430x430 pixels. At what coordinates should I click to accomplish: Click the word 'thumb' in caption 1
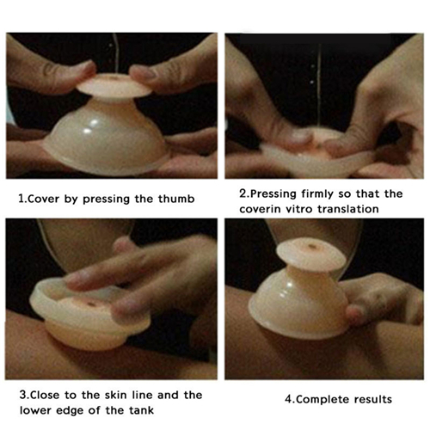(x=176, y=199)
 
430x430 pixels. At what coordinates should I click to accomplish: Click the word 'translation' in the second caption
(x=348, y=209)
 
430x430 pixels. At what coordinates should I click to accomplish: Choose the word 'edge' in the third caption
(x=70, y=411)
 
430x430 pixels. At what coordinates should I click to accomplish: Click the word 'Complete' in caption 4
(x=322, y=400)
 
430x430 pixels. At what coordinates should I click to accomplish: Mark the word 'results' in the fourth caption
(x=372, y=399)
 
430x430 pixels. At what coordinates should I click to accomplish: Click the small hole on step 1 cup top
(x=111, y=77)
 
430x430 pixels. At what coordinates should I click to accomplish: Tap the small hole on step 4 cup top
(x=311, y=246)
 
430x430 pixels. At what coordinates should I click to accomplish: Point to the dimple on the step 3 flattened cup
(x=91, y=304)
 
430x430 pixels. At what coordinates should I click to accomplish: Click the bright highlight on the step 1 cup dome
(x=94, y=123)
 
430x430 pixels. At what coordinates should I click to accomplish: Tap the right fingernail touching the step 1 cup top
(x=144, y=72)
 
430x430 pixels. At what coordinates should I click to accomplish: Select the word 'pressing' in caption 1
(x=106, y=200)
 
